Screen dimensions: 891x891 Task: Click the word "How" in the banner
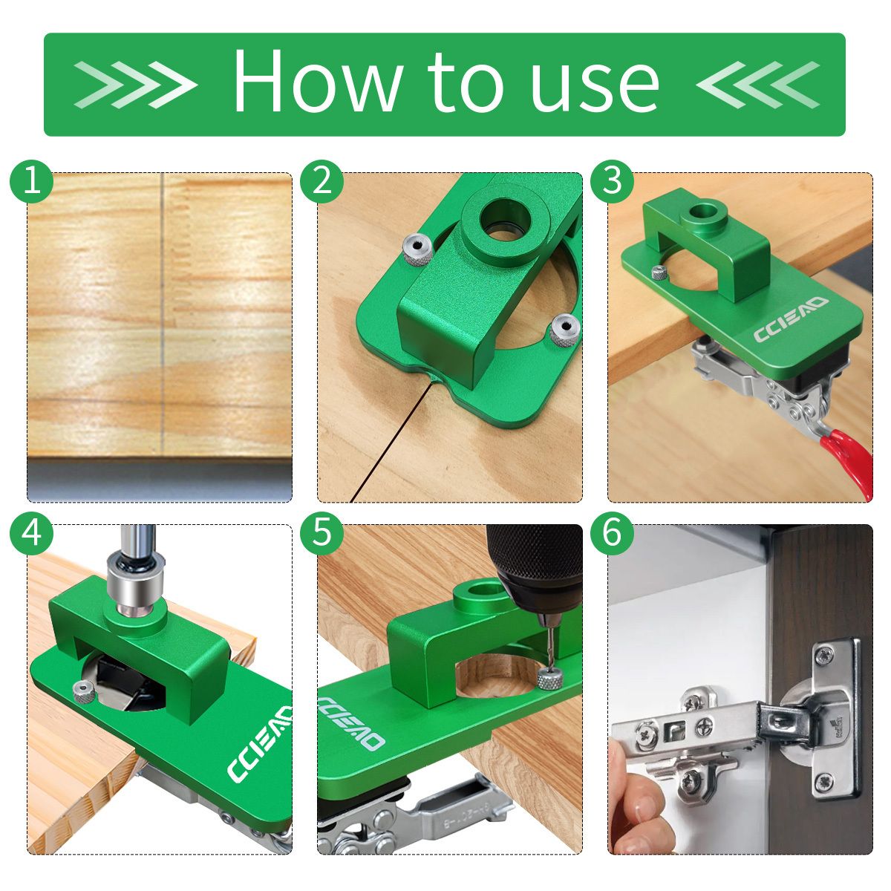318,80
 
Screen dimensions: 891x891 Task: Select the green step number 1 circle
31,182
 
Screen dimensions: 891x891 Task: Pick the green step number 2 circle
322,182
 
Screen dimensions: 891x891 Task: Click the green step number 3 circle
612,182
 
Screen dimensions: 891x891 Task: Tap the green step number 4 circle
31,532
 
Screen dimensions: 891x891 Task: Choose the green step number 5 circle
322,532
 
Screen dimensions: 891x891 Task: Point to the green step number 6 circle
612,532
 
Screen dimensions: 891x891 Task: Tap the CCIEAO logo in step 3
791,319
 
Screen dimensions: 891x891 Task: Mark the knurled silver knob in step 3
659,273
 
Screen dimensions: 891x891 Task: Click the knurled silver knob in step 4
84,693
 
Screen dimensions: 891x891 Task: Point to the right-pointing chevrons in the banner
135,85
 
